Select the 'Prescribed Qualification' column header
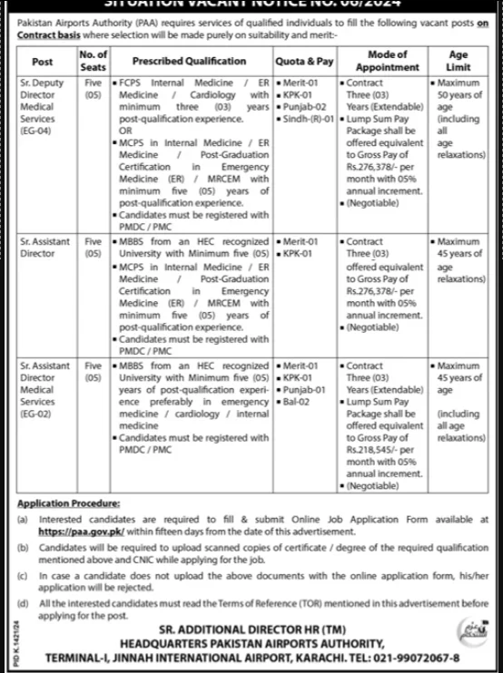click(x=189, y=62)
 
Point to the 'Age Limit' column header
click(x=459, y=62)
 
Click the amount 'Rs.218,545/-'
click(x=375, y=447)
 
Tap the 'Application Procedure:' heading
click(x=68, y=502)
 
